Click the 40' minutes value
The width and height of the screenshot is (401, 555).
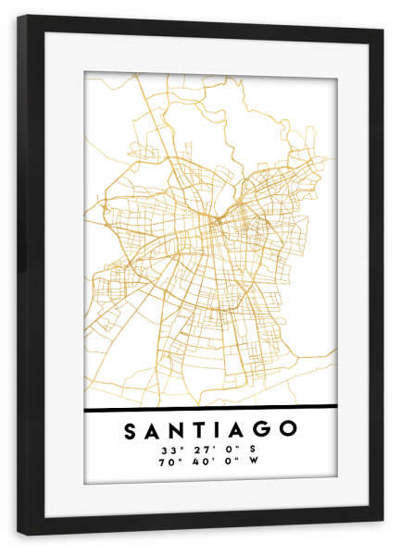(x=196, y=463)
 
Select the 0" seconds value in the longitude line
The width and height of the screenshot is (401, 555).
(x=225, y=463)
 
